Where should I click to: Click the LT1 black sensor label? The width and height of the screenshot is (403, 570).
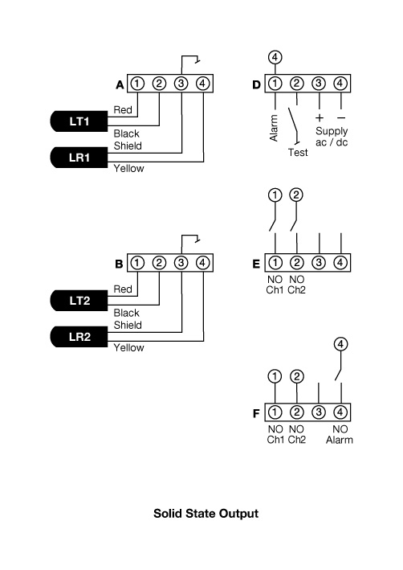pos(79,121)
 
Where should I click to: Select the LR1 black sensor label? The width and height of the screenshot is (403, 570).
pos(79,157)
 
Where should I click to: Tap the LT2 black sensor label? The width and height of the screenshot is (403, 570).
pos(79,300)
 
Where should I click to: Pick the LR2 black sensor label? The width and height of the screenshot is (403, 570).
pos(79,336)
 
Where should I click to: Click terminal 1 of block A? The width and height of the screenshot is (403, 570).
pos(137,84)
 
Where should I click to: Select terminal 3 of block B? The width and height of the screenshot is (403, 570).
pos(181,263)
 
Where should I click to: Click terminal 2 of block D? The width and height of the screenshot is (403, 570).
pos(297,84)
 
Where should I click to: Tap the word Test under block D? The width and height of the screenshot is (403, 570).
pos(298,151)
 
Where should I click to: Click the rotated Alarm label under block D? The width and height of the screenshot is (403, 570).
pos(274,128)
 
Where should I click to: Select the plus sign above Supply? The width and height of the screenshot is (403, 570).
pos(319,118)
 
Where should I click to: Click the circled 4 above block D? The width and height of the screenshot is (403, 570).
pos(275,58)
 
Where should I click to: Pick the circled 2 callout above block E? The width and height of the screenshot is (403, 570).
pos(296,195)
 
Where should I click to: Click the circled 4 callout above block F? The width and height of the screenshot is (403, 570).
pos(340,345)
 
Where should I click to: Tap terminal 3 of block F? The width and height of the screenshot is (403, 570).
pos(319,413)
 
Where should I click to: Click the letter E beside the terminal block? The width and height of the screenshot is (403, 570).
pos(257,263)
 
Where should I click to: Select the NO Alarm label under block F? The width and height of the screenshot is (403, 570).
pos(340,435)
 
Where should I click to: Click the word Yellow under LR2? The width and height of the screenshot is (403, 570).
pos(128,348)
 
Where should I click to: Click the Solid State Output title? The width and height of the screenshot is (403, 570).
pos(206,512)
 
